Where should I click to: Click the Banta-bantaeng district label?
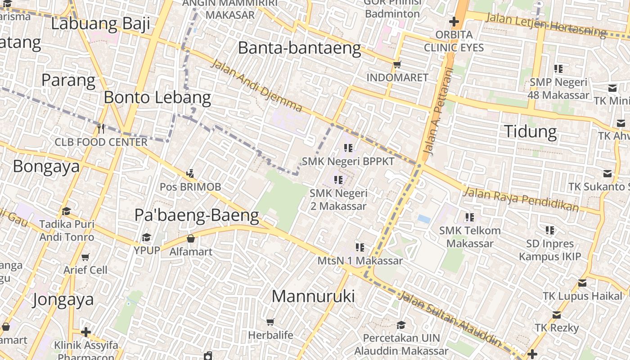pyautogui.click(x=299, y=48)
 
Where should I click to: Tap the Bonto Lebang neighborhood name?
pyautogui.click(x=157, y=97)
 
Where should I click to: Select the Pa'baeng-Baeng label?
pyautogui.click(x=197, y=216)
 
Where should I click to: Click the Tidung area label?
pyautogui.click(x=530, y=131)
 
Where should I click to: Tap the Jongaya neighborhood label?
pyautogui.click(x=63, y=299)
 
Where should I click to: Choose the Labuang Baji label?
pyautogui.click(x=100, y=23)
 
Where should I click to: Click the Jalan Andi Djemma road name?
pyautogui.click(x=256, y=85)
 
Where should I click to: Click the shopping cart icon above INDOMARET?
pyautogui.click(x=397, y=65)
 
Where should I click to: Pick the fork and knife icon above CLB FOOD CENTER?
pyautogui.click(x=101, y=129)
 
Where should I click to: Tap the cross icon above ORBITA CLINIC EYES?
pyautogui.click(x=454, y=22)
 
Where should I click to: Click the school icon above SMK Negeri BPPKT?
pyautogui.click(x=348, y=148)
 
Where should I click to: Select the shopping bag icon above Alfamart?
pyautogui.click(x=191, y=238)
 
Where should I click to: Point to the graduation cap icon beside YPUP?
pyautogui.click(x=147, y=237)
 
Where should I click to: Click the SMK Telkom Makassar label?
pyautogui.click(x=470, y=237)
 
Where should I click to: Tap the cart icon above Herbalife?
pyautogui.click(x=270, y=322)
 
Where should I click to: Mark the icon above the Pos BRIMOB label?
pyautogui.click(x=190, y=173)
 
